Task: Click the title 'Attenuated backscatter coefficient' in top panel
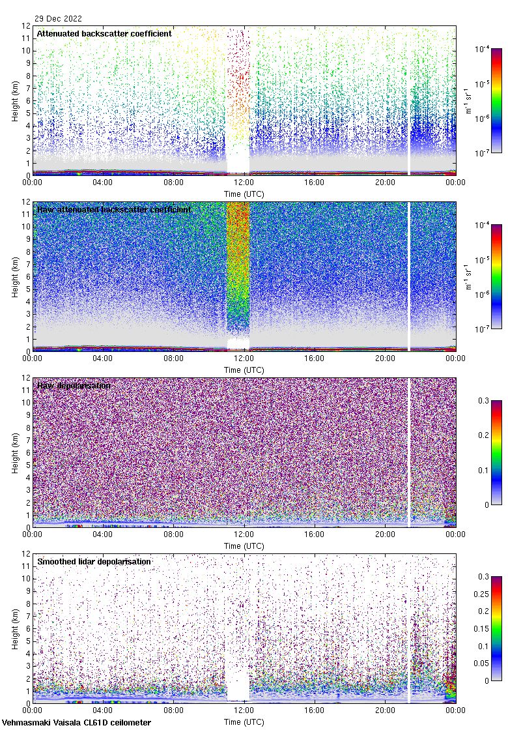coord(104,33)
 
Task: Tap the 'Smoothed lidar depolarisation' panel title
coord(94,561)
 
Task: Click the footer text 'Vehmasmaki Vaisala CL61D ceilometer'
coord(76,722)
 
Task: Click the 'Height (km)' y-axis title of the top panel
coord(15,100)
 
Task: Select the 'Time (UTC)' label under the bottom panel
coord(244,722)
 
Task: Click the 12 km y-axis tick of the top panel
coord(26,26)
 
